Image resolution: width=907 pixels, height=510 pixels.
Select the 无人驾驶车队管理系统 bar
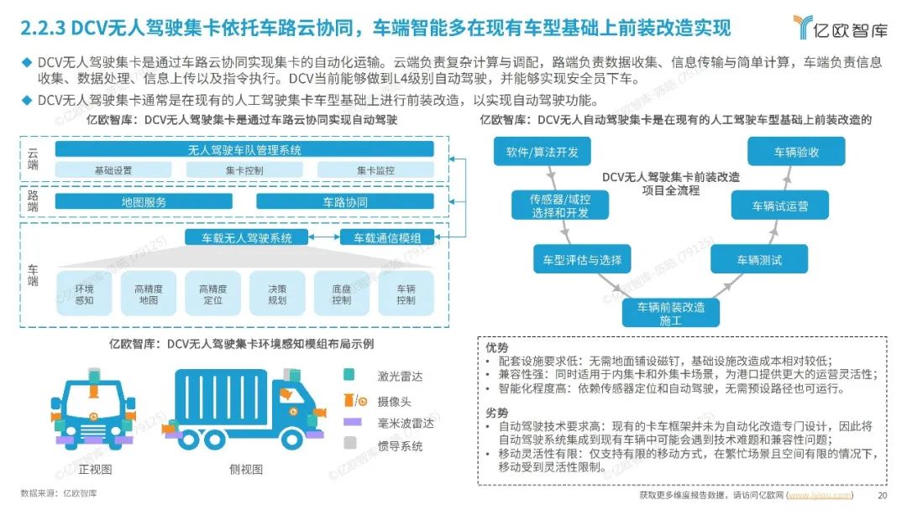(x=244, y=150)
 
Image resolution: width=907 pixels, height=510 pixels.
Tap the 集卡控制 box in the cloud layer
(x=244, y=170)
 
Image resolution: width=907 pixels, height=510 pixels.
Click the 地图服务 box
(x=144, y=202)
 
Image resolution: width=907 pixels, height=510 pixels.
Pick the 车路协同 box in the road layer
(x=344, y=202)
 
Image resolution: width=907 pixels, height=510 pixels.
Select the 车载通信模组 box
(x=387, y=237)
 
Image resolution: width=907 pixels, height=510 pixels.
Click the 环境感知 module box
(x=84, y=294)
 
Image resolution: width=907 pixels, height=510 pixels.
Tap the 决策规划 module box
(x=276, y=294)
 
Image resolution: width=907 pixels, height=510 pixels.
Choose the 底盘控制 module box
(x=341, y=294)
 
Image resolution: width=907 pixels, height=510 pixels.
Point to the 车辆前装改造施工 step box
(x=670, y=313)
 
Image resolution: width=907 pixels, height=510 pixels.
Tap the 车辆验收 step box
(x=796, y=153)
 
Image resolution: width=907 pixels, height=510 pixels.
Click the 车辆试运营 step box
(x=768, y=206)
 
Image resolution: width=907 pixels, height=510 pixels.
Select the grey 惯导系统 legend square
(x=350, y=446)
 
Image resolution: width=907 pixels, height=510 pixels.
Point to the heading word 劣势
(x=497, y=413)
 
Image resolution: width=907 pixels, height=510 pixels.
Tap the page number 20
(x=882, y=495)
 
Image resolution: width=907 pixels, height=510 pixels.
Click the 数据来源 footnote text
(x=59, y=493)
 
